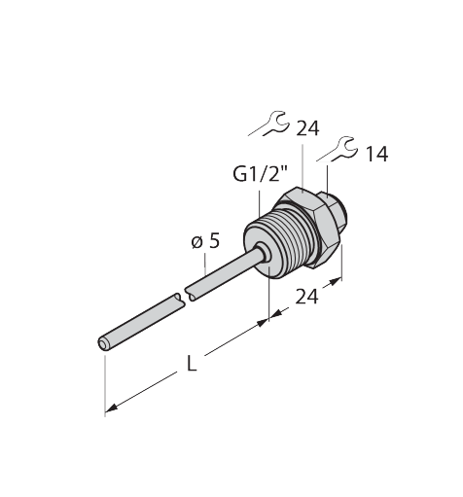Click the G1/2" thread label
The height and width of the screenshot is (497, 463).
pos(261,175)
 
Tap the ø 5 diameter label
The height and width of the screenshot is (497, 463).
pos(205,241)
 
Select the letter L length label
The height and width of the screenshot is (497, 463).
pos(192,363)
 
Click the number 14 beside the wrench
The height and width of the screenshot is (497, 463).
pos(376,155)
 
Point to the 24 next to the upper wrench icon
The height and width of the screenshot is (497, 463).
pos(308,128)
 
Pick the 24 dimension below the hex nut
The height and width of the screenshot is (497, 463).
pos(306,297)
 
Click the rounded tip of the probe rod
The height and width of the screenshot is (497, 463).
pos(103,344)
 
